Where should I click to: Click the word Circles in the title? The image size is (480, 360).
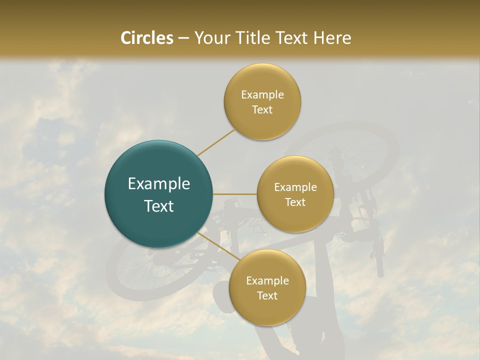click(147, 38)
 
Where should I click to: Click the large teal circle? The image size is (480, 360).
click(159, 194)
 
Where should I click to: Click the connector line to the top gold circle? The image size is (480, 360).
click(216, 142)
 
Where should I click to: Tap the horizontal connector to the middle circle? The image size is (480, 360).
click(235, 194)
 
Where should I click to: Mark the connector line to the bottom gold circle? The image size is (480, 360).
click(218, 246)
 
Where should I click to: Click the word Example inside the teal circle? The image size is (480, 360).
click(159, 184)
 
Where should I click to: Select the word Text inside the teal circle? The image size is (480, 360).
click(159, 206)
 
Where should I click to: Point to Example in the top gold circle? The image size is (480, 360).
click(262, 95)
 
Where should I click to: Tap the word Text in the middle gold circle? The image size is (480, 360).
click(295, 202)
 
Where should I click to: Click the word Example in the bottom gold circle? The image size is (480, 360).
click(267, 281)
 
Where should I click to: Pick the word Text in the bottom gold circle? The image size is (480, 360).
click(267, 296)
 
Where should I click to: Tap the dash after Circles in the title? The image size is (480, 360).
click(183, 38)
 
